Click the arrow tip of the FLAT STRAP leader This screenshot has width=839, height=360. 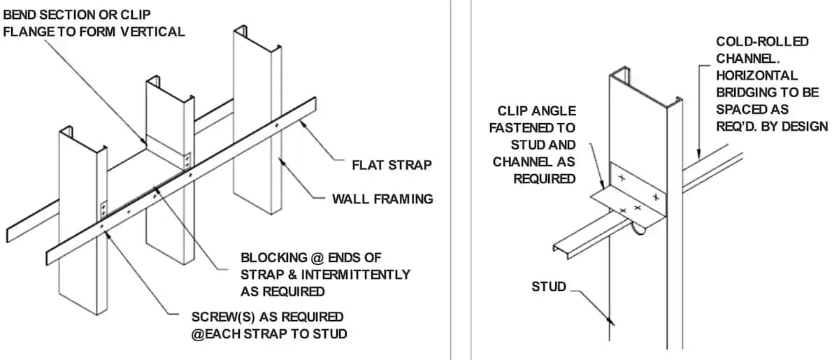point(300,121)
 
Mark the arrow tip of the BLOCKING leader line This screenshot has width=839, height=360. point(155,187)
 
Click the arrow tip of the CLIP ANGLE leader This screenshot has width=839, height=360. point(604,189)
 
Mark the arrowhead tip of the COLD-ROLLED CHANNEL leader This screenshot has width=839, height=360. point(699,158)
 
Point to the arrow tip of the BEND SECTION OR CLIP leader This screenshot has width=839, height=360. point(146,144)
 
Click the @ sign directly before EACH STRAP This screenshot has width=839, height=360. point(198,333)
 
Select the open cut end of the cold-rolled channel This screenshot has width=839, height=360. point(561,251)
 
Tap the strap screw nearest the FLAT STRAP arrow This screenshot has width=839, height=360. point(277,125)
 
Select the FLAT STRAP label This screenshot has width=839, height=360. point(392,165)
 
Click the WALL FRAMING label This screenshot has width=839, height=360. point(383,199)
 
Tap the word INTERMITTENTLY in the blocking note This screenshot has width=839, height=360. point(355,275)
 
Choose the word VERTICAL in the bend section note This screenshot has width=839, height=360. point(153,32)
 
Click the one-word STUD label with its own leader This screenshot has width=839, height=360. point(549,287)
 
